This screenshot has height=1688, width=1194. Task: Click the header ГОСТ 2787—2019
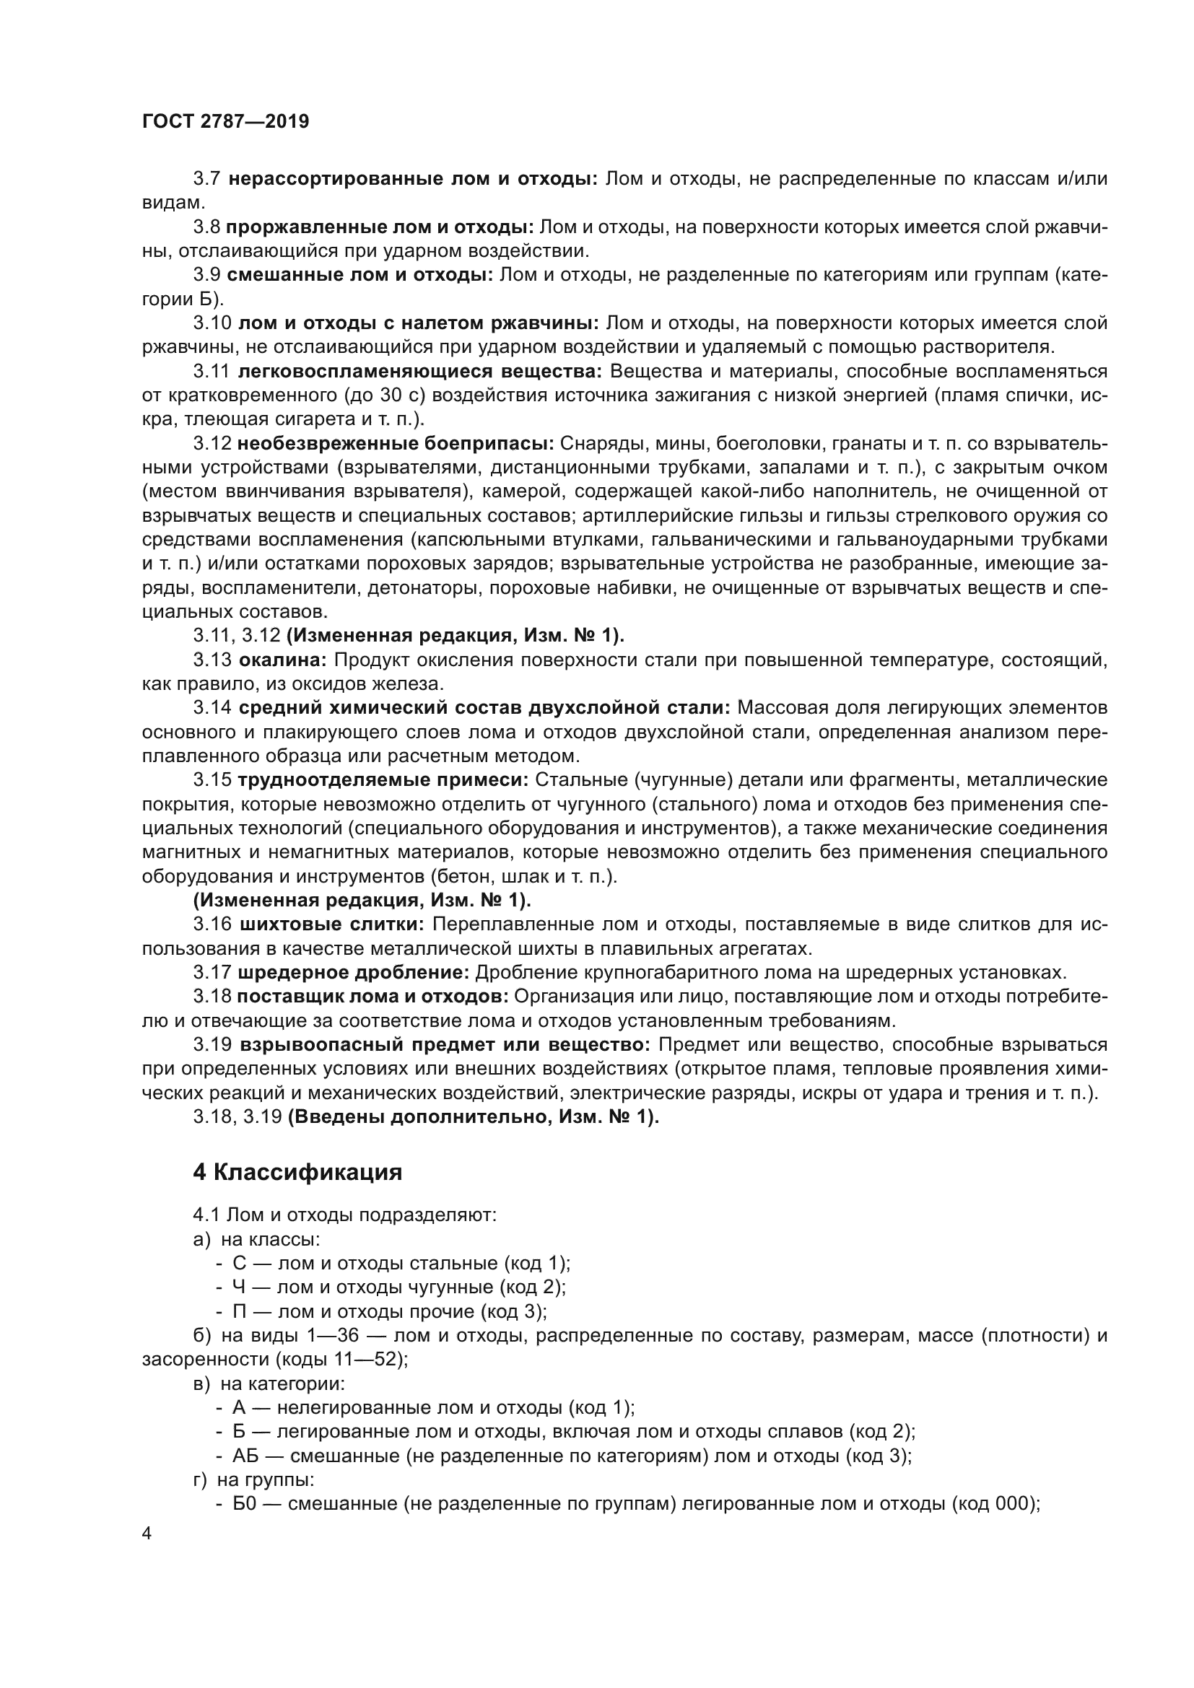[x=225, y=122]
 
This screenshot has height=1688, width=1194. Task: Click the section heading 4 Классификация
[x=297, y=1171]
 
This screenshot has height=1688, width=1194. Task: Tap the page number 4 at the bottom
[x=147, y=1534]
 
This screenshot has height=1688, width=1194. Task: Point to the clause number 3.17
[x=212, y=973]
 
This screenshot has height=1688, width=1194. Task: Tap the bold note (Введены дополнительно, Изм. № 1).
[x=473, y=1116]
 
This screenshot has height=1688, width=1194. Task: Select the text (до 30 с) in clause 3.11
[x=385, y=395]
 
